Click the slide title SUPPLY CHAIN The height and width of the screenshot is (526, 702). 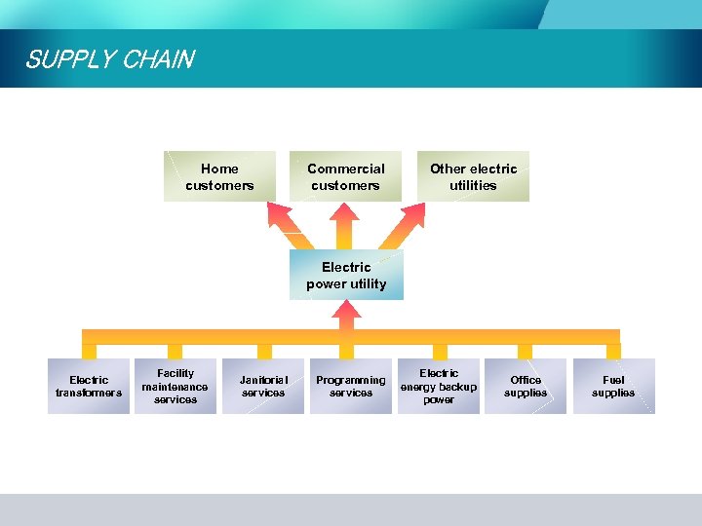click(109, 59)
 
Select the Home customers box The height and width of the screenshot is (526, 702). click(219, 176)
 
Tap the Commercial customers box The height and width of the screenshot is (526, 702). click(345, 176)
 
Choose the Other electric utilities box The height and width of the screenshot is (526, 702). click(473, 176)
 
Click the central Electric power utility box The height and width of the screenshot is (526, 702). click(346, 276)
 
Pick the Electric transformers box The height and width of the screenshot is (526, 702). click(89, 387)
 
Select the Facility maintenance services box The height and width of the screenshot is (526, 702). click(175, 387)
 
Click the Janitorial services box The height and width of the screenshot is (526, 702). click(263, 387)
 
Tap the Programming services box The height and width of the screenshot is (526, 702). click(351, 387)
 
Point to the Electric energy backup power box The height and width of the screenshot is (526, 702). click(439, 387)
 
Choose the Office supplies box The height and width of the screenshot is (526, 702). click(526, 387)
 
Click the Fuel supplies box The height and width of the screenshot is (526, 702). click(613, 387)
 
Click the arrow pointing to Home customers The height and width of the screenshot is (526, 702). click(288, 225)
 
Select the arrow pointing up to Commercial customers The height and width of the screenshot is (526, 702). click(346, 225)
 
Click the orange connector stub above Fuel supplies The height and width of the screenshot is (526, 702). click(613, 351)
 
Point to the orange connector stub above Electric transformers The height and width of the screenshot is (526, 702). click(89, 351)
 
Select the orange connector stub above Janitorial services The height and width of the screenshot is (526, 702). click(263, 351)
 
